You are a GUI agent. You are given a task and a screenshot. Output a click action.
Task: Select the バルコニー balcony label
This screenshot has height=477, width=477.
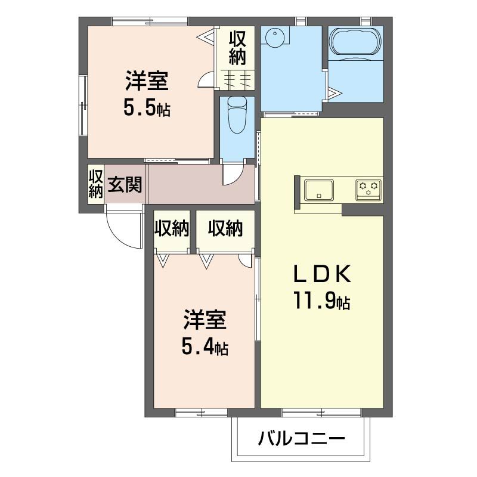pos(302,440)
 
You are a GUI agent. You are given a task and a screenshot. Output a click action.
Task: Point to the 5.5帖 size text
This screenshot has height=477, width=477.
pos(147,107)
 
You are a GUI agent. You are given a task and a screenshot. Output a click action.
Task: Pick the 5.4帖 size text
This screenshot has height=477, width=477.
pos(205,346)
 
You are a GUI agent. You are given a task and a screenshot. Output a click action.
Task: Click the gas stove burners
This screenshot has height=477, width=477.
pos(368,189)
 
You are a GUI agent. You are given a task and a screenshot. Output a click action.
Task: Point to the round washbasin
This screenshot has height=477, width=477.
pos(275,38)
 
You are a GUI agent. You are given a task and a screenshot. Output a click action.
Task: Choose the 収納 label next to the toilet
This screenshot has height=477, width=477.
pos(237,48)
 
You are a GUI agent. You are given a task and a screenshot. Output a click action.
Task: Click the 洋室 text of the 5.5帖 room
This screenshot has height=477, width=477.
pos(146,80)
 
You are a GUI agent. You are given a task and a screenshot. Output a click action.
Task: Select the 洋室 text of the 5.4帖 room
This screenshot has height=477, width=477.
pos(205,320)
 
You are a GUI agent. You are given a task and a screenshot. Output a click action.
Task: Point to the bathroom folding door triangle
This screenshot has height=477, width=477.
pos(332,93)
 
